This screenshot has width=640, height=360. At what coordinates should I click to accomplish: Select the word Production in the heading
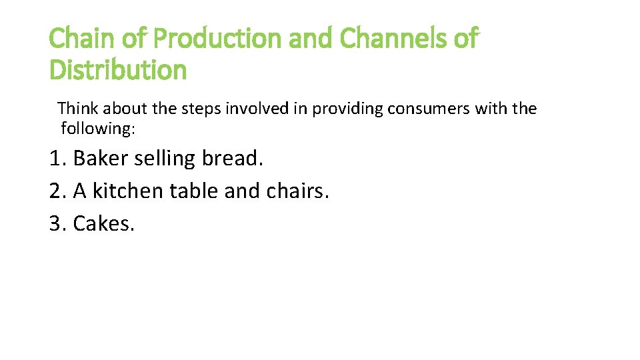click(218, 39)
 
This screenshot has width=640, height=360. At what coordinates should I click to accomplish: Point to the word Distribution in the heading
click(118, 69)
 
